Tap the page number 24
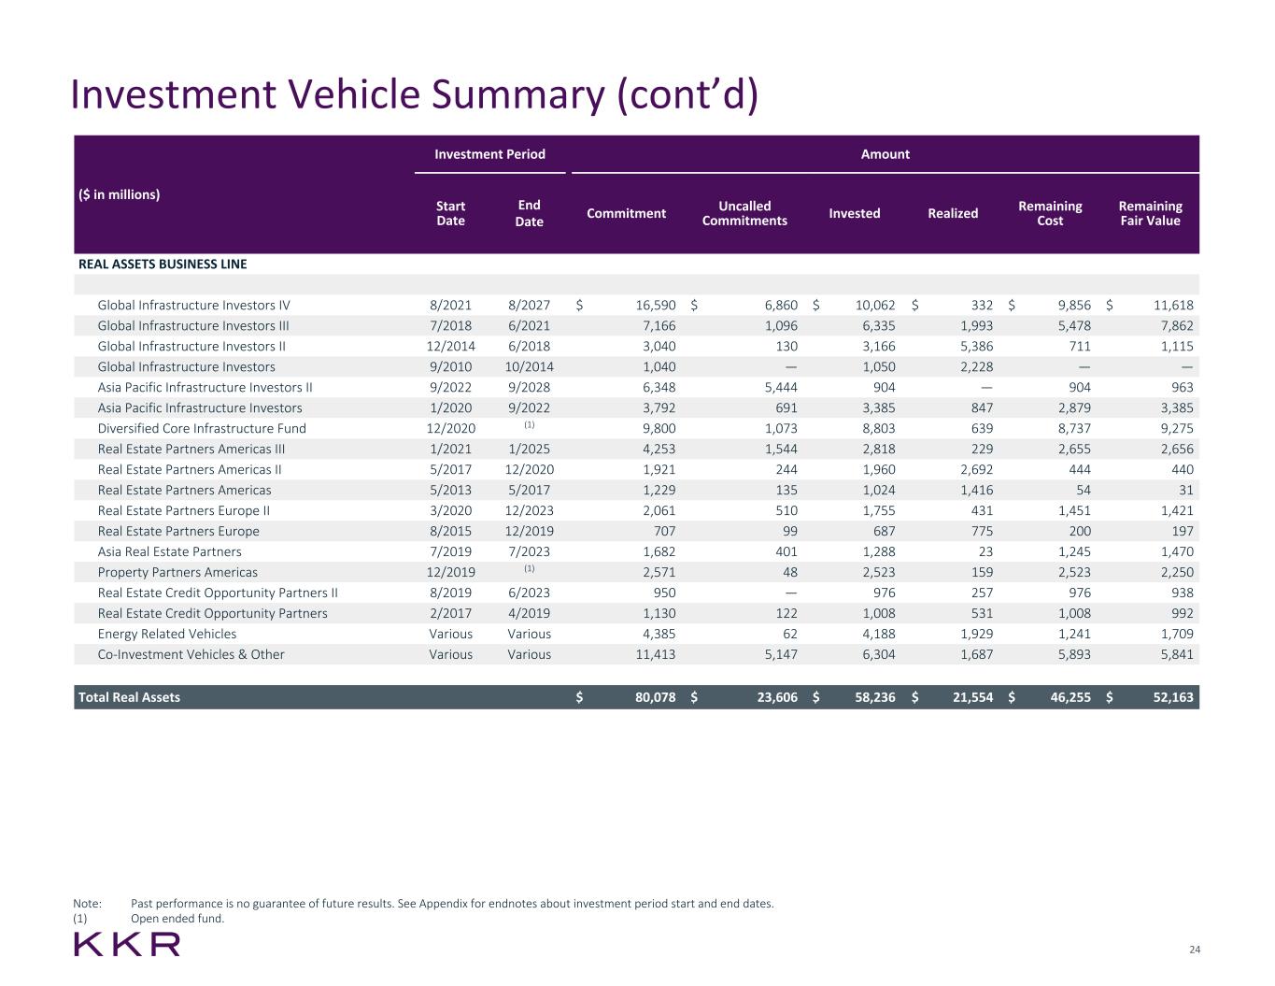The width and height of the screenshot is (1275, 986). pyautogui.click(x=1194, y=950)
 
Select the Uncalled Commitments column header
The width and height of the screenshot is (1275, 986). pyautogui.click(x=744, y=213)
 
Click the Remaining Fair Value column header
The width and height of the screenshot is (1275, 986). pyautogui.click(x=1150, y=213)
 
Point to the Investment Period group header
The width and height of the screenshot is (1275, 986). pyautogui.click(x=489, y=154)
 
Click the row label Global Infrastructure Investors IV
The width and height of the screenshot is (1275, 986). pyautogui.click(x=194, y=305)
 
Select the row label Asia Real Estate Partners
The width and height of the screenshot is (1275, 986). pyautogui.click(x=169, y=551)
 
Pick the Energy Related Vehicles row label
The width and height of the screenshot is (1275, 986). pyautogui.click(x=167, y=634)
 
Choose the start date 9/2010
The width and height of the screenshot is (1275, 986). pyautogui.click(x=450, y=366)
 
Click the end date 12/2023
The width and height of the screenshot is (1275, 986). pyautogui.click(x=529, y=510)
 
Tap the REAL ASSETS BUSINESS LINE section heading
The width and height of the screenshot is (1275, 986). pyautogui.click(x=163, y=264)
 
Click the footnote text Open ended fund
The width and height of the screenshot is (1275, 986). pyautogui.click(x=177, y=918)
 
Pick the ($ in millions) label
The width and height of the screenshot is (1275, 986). pyautogui.click(x=119, y=194)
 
